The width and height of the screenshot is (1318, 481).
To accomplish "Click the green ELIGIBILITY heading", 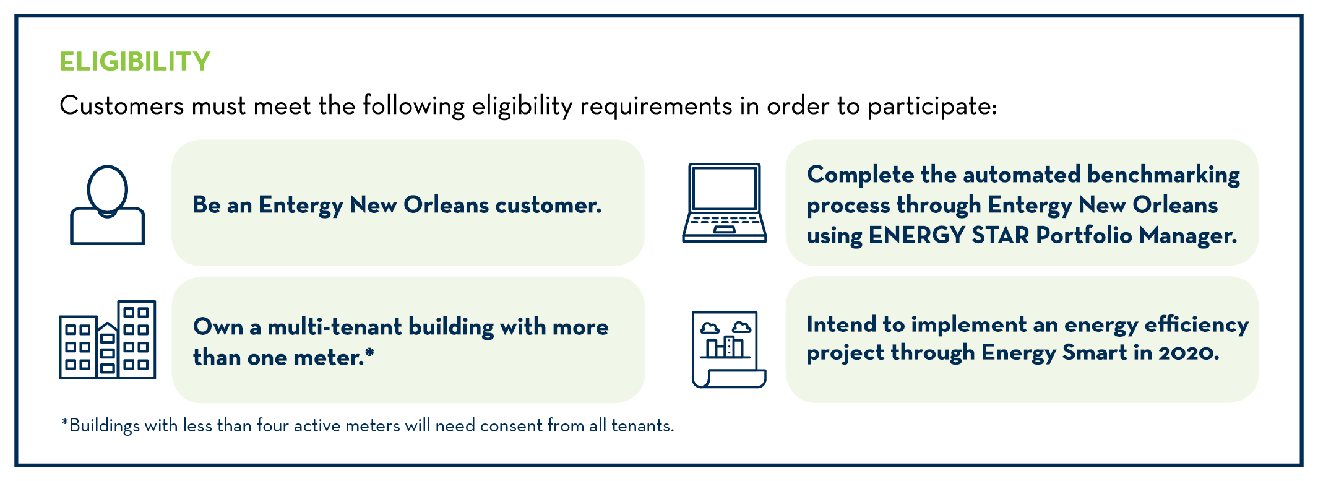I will point(135,62).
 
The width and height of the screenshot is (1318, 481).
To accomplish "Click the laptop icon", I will point(725,203).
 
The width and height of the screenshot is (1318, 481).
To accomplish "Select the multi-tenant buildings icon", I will point(108,340).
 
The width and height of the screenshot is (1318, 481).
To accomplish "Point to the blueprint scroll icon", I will point(728,349).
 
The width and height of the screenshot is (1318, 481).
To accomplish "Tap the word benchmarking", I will point(1163,175).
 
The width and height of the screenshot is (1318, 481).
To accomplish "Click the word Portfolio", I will point(1084,235).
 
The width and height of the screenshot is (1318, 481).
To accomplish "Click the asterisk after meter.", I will point(369,353).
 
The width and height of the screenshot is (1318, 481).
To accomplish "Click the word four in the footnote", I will point(273,426).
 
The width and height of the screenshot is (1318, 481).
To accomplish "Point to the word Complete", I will point(860,175).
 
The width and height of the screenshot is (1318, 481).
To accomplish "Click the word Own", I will point(218,327).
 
